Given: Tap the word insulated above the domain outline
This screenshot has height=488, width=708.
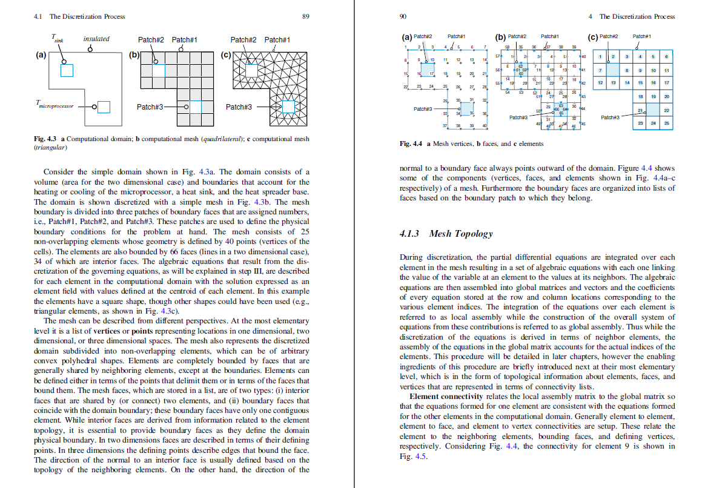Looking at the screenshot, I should [x=96, y=39].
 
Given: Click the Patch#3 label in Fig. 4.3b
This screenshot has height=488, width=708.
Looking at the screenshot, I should [x=149, y=107].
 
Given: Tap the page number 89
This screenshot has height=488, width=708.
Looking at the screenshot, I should [x=306, y=16].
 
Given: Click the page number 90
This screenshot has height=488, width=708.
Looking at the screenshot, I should [x=403, y=16].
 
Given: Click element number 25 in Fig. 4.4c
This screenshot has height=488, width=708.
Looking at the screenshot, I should [x=666, y=122].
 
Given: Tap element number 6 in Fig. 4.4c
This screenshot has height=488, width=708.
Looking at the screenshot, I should [x=666, y=56].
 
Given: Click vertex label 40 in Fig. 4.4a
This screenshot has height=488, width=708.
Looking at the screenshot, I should [x=485, y=125].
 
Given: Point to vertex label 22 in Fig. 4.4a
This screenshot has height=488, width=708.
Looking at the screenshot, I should [x=406, y=87].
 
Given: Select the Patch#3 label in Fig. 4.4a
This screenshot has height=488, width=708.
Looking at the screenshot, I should [x=423, y=109].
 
